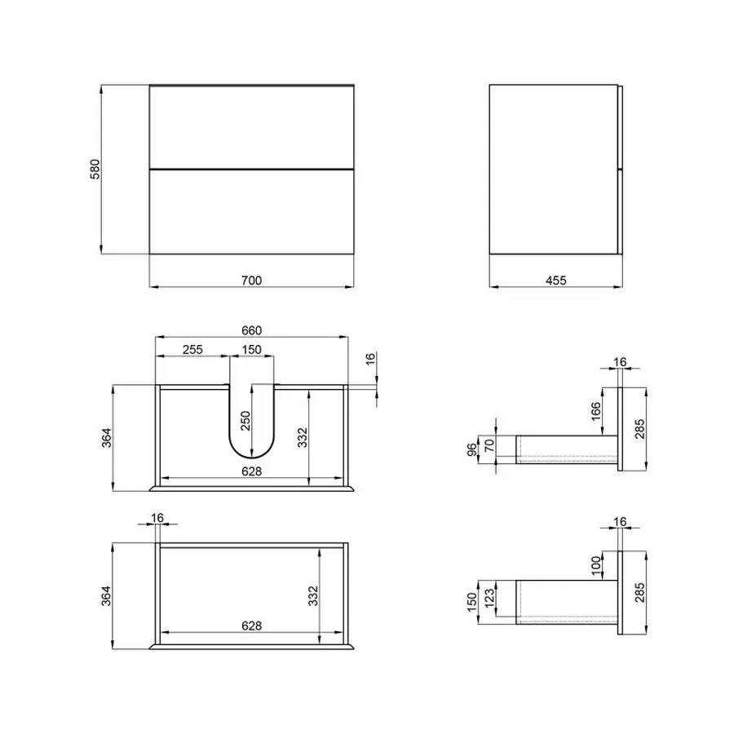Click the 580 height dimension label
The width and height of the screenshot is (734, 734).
[95, 169]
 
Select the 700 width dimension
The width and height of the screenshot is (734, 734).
[251, 281]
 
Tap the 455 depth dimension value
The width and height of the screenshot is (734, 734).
[555, 281]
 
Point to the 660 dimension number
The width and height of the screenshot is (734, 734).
[251, 330]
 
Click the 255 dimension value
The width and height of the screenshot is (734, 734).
[192, 350]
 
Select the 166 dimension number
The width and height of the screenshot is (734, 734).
[595, 413]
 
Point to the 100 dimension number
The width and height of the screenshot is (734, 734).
[595, 563]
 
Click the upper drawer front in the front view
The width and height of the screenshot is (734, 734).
[251, 126]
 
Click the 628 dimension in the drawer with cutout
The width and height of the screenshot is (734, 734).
[251, 471]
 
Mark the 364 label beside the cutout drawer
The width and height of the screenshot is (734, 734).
[108, 437]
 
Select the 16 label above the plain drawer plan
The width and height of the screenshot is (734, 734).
[157, 516]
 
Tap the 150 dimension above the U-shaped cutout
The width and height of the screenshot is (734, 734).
[251, 350]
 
